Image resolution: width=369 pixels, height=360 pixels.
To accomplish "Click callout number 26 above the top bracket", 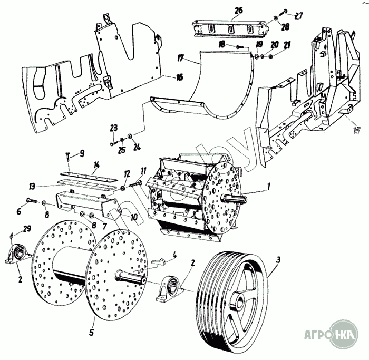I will [238, 10].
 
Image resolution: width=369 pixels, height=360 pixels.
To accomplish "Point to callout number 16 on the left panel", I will [179, 77].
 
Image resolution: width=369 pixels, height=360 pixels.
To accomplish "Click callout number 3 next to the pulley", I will [278, 259].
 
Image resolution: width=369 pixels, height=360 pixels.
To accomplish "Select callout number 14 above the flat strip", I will [96, 164].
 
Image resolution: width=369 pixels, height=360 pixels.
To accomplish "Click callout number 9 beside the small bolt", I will [81, 153].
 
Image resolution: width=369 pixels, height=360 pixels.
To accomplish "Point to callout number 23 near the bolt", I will [113, 128].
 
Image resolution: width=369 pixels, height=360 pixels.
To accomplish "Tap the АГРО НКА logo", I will [330, 333].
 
